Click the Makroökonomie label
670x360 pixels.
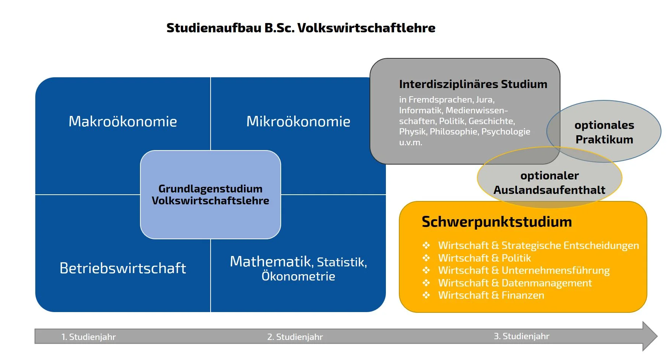[x=123, y=121]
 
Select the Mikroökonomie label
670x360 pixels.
[x=298, y=121]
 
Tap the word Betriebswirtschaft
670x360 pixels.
[x=123, y=268]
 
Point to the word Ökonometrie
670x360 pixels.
[x=298, y=276]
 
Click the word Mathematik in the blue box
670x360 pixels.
[x=270, y=262]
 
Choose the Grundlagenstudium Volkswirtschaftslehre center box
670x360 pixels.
[x=210, y=195]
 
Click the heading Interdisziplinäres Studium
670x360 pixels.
[x=473, y=84]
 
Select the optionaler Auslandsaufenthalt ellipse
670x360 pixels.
[x=549, y=182]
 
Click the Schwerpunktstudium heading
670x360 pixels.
[x=497, y=222]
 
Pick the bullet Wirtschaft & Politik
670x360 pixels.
[x=484, y=258]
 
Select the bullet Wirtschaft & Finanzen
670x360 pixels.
[x=491, y=295]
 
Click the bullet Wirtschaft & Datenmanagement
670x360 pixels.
[x=515, y=283]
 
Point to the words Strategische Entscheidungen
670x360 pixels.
[x=570, y=246]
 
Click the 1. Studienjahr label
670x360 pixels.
[x=88, y=337]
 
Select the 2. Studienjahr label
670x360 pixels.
[x=295, y=337]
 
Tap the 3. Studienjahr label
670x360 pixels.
[x=521, y=336]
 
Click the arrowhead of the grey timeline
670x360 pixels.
[x=649, y=336]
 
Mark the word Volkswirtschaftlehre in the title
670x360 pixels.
[x=366, y=28]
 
